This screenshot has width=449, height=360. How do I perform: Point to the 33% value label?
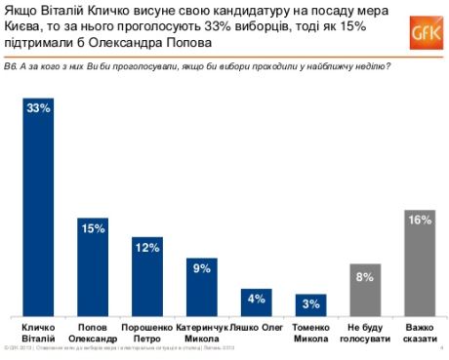[x=38, y=108]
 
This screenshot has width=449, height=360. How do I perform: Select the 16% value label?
[x=419, y=220]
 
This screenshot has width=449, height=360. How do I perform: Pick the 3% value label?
[x=310, y=304]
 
